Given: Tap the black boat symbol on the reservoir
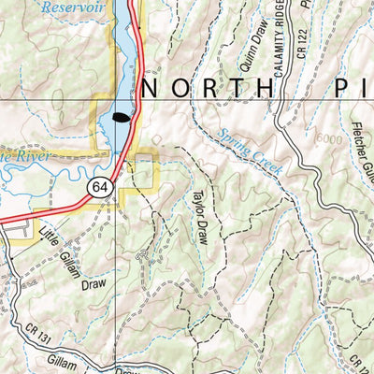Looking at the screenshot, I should coord(120,118).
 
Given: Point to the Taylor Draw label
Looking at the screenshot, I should coord(198,217).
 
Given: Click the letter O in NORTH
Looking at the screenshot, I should coord(183,89).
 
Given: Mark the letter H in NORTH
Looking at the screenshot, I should coord(275,89).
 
